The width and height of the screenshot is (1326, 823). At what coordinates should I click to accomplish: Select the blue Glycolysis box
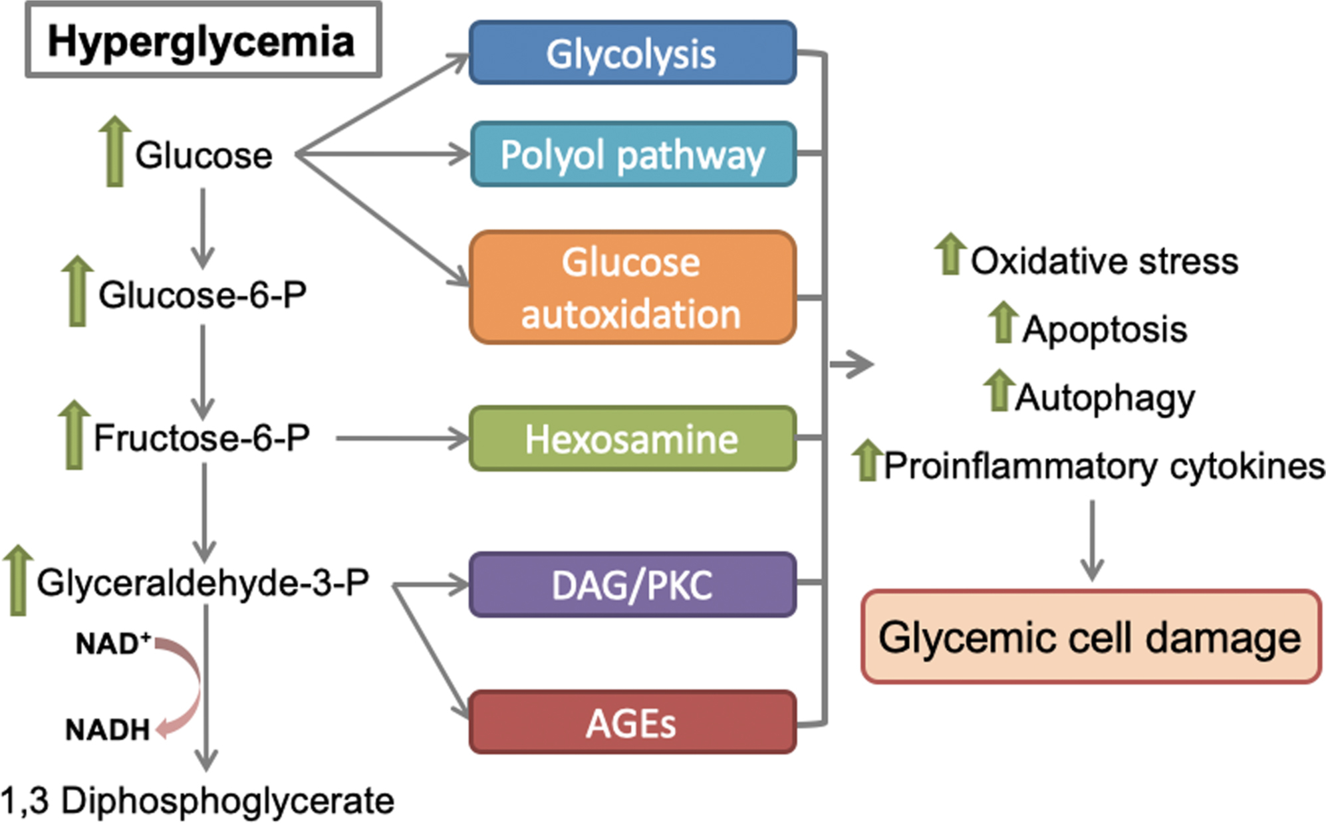[x=632, y=53]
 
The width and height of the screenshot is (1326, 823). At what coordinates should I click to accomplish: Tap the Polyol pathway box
[x=632, y=154]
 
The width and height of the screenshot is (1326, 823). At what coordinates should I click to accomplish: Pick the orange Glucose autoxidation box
[x=632, y=288]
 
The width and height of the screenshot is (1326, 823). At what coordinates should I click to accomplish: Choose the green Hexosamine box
[x=632, y=439]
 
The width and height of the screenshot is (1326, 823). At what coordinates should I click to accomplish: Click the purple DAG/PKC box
[x=632, y=585]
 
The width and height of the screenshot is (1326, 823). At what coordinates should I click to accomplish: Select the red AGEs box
[x=632, y=723]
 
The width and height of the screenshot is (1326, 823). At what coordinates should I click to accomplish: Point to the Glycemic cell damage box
[x=1091, y=637]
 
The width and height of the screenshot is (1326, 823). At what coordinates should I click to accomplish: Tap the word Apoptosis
[x=1105, y=329]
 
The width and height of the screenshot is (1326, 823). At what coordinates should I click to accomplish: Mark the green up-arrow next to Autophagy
[x=998, y=390]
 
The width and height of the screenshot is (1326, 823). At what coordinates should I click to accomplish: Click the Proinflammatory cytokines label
[x=1104, y=465]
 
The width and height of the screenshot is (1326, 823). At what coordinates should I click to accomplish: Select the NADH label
[x=108, y=730]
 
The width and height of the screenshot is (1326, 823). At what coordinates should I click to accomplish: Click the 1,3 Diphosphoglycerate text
[x=198, y=800]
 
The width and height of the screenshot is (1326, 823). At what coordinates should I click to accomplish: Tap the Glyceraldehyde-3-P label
[x=203, y=582]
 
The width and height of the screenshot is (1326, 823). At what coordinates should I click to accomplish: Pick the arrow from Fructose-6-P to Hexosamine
[x=402, y=439]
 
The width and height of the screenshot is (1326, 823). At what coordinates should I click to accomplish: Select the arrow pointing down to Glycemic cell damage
[x=1092, y=540]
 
